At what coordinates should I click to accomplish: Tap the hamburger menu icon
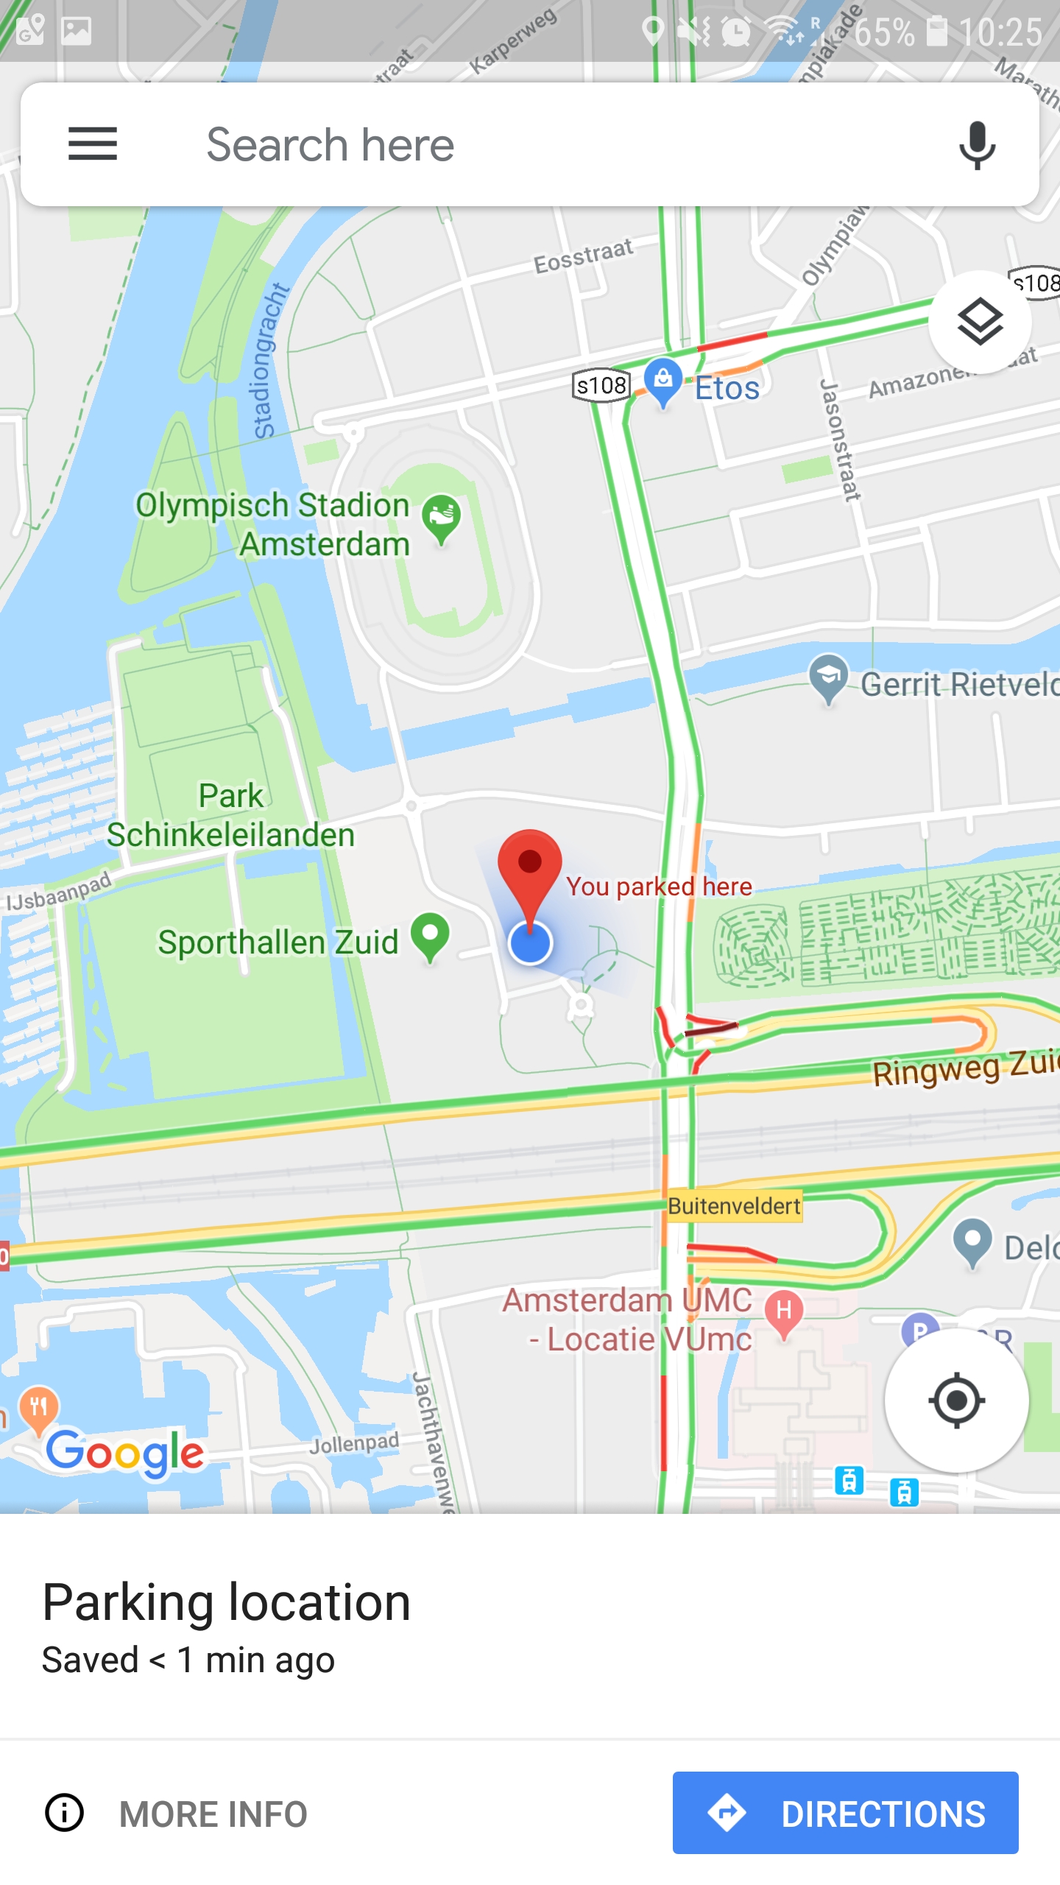coord(93,144)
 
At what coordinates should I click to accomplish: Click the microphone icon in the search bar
coord(977,145)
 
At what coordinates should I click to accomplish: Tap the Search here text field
coord(515,144)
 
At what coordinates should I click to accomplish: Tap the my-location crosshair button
coord(956,1400)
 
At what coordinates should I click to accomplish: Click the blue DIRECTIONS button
coord(845,1813)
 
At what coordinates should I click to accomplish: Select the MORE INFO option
coord(177,1813)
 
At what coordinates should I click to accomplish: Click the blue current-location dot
coord(530,943)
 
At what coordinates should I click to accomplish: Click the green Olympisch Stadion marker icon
coord(442,516)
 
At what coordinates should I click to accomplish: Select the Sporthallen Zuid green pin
coord(431,934)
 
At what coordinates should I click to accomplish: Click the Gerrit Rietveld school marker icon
coord(829,677)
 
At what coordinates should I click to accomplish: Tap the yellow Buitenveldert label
coord(734,1206)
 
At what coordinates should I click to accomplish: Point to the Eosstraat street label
coord(583,256)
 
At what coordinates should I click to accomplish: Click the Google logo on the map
coord(125,1453)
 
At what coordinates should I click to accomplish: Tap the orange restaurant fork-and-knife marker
coord(39,1407)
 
